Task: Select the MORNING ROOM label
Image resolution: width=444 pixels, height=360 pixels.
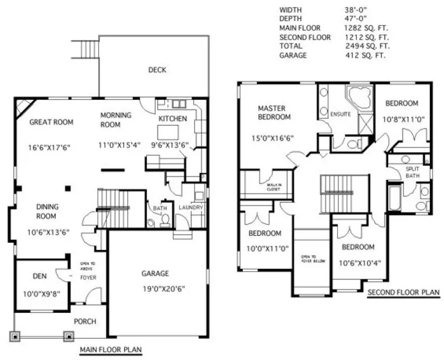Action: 116,119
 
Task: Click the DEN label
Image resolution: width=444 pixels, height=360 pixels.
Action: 39,277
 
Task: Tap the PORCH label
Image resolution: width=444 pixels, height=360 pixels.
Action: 85,322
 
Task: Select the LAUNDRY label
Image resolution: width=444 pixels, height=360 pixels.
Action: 191,208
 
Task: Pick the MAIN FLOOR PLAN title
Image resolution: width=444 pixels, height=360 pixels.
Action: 111,350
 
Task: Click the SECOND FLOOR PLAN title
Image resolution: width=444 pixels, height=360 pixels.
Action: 403,293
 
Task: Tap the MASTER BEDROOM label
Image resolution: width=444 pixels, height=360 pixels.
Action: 274,112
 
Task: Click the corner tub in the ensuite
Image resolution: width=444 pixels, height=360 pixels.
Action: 358,98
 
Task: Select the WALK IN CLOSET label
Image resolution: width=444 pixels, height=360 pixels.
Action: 273,188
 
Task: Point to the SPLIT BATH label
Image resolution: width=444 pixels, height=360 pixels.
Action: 413,172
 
